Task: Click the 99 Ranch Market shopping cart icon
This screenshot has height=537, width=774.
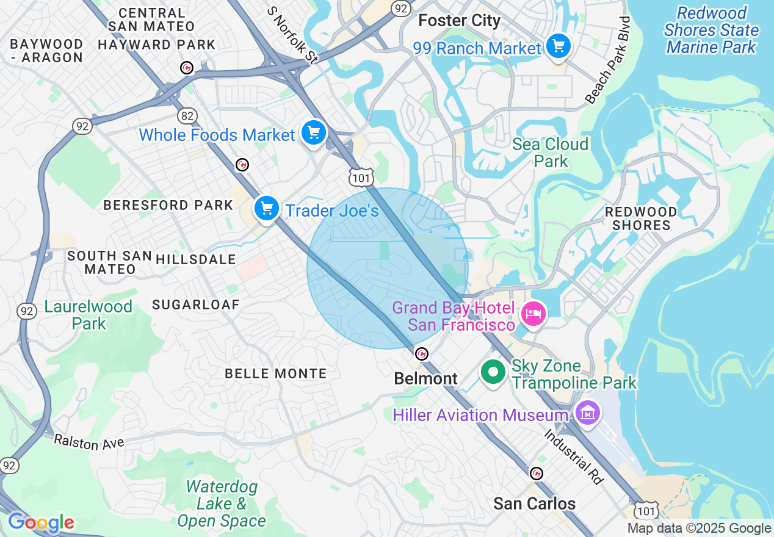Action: (558, 46)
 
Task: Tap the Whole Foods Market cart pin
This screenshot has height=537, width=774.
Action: (314, 132)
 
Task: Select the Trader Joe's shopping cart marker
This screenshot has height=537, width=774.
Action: (267, 209)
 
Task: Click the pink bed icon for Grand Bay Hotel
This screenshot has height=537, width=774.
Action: (533, 314)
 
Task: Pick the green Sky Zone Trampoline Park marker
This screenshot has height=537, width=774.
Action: (493, 372)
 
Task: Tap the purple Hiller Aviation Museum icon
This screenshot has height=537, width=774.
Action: (587, 414)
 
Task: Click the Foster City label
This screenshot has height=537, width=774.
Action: (459, 21)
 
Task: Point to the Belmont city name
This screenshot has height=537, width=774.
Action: (425, 379)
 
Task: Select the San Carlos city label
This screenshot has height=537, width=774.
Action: (534, 503)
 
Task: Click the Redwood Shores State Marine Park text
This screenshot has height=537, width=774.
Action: (711, 30)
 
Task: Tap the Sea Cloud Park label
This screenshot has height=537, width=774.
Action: (550, 153)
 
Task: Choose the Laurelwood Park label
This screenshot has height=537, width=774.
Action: (88, 315)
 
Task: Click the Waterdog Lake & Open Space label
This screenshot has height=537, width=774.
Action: (222, 503)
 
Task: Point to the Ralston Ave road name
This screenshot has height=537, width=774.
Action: (89, 442)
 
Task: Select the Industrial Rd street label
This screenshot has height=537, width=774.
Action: (574, 456)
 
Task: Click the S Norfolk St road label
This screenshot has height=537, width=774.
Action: (293, 35)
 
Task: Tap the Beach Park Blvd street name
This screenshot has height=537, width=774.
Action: (607, 60)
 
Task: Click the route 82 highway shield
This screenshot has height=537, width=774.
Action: (188, 115)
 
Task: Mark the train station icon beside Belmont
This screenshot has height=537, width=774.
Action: (421, 353)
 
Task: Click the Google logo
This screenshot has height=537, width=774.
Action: (41, 523)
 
